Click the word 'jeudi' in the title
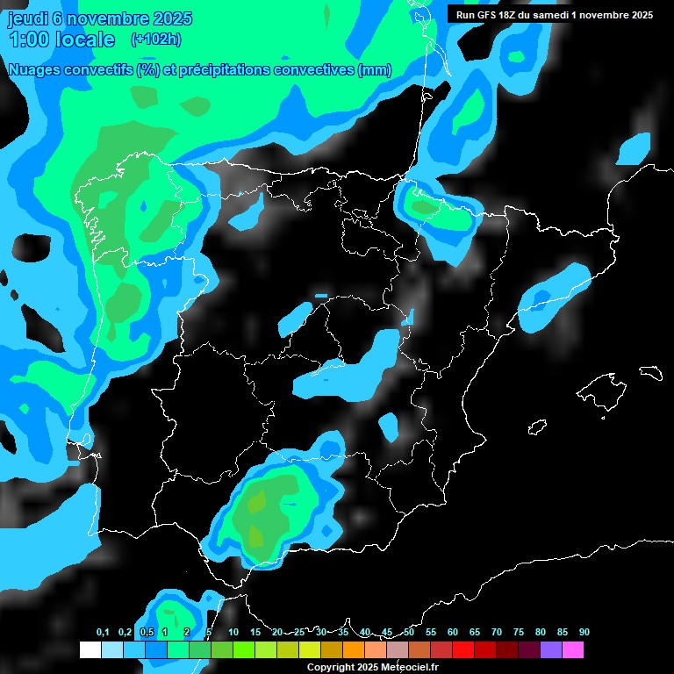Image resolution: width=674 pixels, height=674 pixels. click(27, 18)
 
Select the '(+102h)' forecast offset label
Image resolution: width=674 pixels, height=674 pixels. click(155, 39)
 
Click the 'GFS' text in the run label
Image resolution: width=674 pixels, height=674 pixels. click(490, 14)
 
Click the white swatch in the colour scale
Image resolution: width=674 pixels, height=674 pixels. click(90, 649)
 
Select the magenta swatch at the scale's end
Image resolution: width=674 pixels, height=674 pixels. click(572, 649)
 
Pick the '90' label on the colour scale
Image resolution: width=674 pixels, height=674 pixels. click(584, 633)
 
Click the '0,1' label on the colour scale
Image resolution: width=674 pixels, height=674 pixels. click(103, 633)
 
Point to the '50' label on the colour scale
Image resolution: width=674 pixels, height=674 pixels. click(409, 633)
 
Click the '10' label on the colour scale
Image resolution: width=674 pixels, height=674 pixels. click(233, 633)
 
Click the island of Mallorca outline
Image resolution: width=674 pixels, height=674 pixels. click(606, 387)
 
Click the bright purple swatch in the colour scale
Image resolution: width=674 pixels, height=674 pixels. click(550, 649)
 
